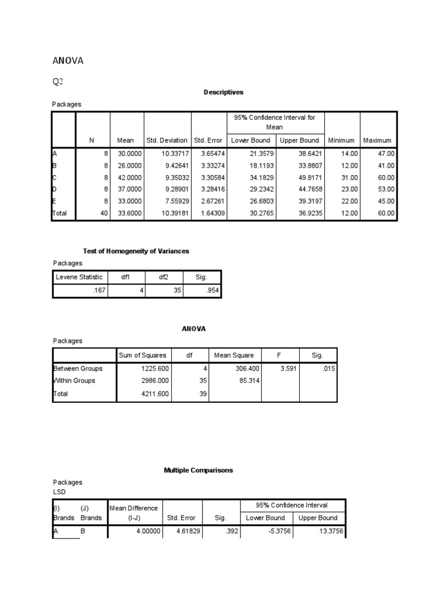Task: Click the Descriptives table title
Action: tap(223, 92)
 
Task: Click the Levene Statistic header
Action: tap(79, 277)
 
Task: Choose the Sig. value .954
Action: tap(212, 290)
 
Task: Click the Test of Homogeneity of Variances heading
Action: tap(136, 251)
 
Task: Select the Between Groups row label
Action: tap(78, 368)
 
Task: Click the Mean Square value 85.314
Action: tap(248, 381)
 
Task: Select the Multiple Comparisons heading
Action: tap(198, 470)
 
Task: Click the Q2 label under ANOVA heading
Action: tap(58, 82)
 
